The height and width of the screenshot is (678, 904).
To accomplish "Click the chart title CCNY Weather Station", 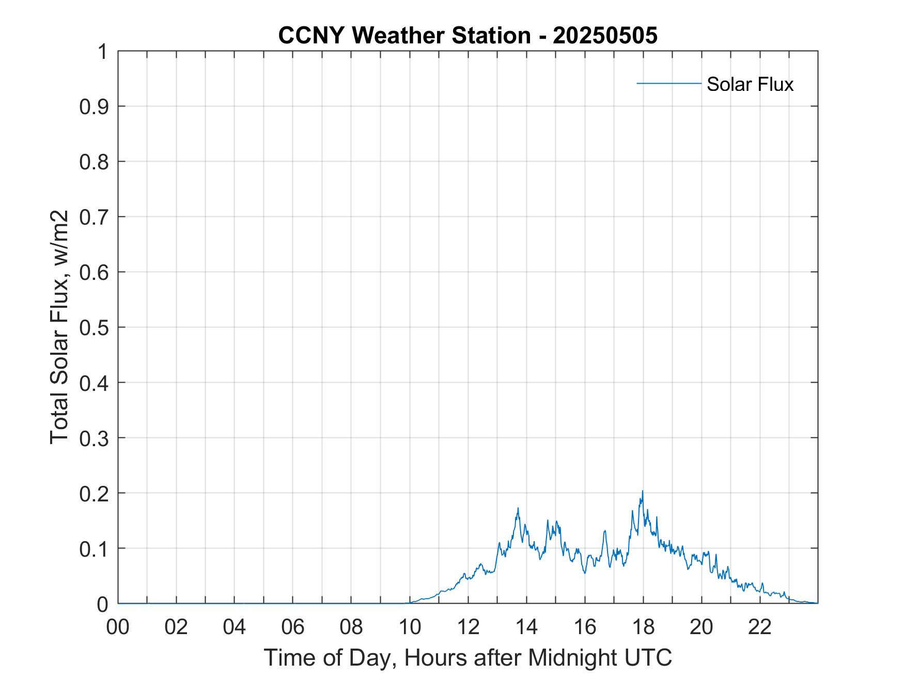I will tap(404, 36).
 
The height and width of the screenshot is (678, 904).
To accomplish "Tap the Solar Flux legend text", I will tap(750, 84).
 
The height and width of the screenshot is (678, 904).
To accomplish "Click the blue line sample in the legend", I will tap(668, 83).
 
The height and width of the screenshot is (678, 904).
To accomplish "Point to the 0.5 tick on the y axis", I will tap(95, 327).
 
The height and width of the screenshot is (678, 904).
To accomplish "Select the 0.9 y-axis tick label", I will tap(95, 106).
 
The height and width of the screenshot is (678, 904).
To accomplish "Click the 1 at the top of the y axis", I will tap(102, 52).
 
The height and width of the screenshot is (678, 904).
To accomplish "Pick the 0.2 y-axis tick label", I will tap(95, 493).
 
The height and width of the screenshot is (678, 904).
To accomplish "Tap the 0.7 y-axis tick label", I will tap(95, 217).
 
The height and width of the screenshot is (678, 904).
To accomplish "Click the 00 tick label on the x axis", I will tap(118, 627).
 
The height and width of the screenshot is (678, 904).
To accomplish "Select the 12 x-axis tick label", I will tap(468, 627).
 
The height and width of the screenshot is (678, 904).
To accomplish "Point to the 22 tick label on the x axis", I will tap(760, 627).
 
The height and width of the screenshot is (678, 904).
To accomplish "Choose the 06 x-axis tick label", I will tap(293, 627).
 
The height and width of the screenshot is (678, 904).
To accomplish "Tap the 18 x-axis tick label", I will tap(643, 627).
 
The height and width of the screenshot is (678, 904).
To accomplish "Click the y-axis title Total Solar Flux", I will tap(59, 327).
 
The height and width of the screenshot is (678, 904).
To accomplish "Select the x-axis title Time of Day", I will tap(467, 657).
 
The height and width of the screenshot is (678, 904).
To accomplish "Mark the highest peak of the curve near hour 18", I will tap(642, 491).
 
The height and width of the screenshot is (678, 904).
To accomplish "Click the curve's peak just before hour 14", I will tap(518, 508).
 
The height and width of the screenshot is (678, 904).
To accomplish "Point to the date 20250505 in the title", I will tap(605, 36).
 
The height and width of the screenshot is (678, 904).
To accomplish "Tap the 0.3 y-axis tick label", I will tap(95, 438).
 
